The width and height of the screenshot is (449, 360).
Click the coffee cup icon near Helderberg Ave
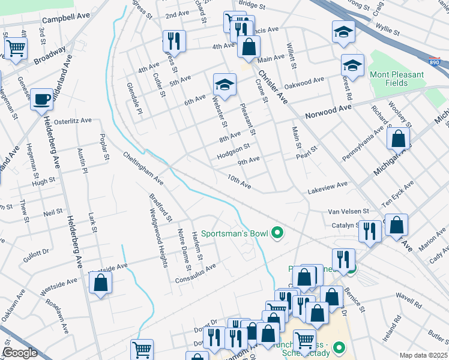click(41, 99)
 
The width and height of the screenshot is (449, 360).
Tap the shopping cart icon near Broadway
click(16, 47)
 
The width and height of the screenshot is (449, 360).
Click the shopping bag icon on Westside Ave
click(100, 282)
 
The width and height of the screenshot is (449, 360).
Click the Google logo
click(20, 353)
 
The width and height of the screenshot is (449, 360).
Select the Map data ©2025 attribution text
click(423, 355)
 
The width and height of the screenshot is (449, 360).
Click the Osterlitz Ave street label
click(72, 121)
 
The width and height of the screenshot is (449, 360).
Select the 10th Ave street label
click(239, 180)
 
